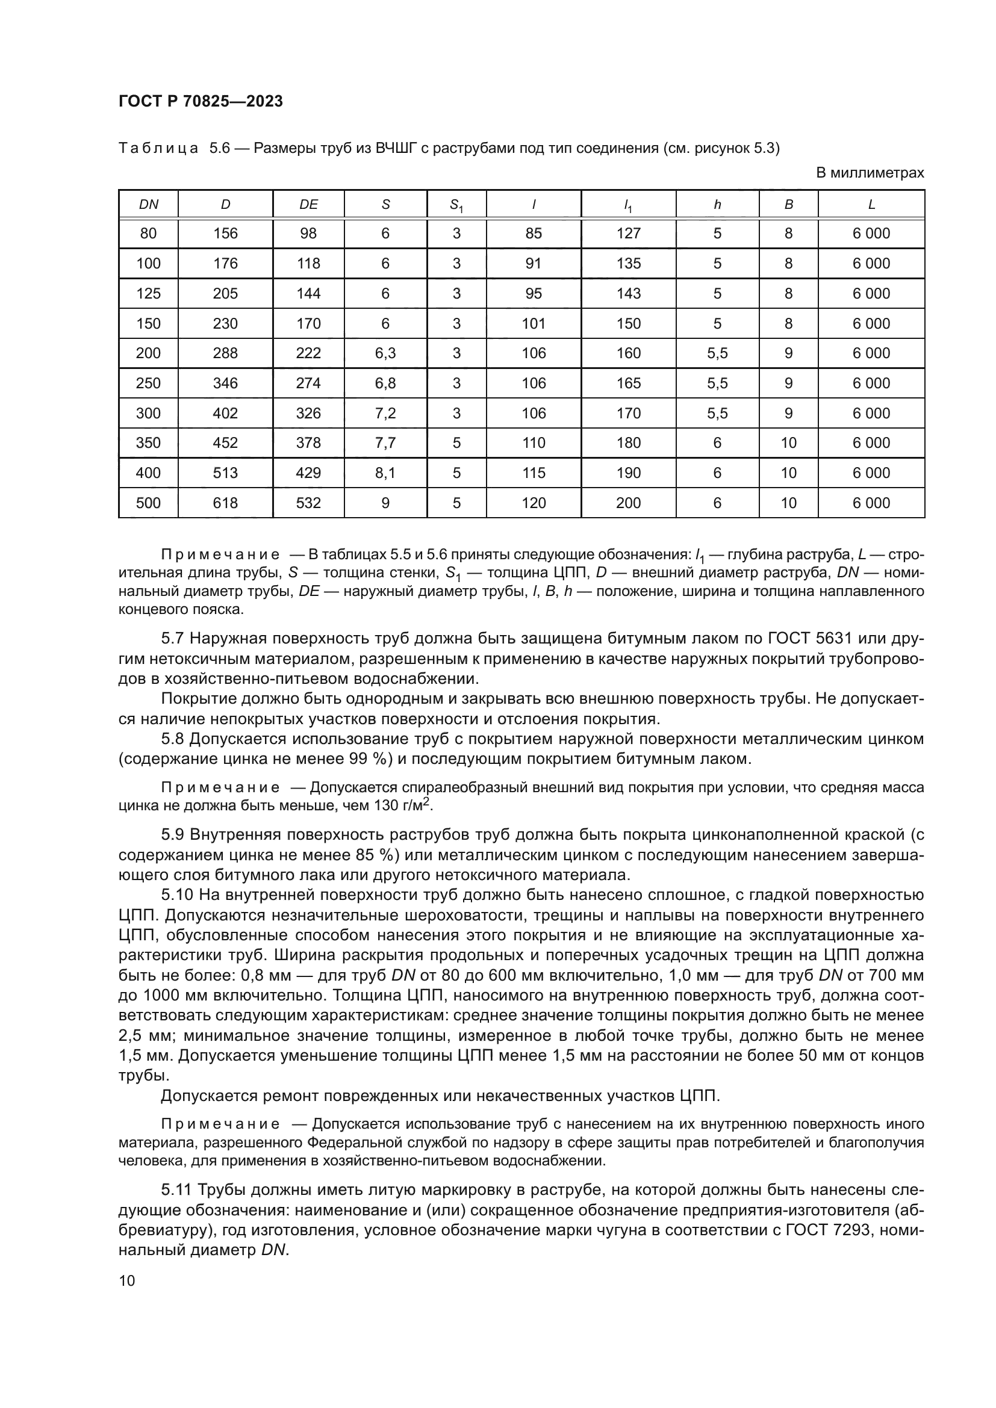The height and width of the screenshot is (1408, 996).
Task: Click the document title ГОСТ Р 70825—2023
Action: [201, 101]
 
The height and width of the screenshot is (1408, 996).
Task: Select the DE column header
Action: [308, 205]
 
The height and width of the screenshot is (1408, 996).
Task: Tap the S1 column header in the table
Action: [456, 206]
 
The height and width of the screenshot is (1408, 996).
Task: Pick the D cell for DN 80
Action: [225, 234]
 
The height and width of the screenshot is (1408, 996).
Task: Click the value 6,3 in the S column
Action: [385, 353]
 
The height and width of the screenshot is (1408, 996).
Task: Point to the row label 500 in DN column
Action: [148, 503]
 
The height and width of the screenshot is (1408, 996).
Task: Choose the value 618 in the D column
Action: [225, 503]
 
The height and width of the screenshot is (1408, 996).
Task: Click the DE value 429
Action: [308, 473]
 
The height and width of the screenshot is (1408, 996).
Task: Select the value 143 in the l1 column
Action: [629, 294]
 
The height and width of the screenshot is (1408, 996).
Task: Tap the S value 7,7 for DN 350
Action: [385, 443]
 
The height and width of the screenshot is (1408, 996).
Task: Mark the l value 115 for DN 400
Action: [534, 473]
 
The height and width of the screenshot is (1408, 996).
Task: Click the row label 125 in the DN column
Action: [148, 294]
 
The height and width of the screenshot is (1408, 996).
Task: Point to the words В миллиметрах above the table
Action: [870, 173]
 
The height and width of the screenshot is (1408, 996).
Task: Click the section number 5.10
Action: [177, 895]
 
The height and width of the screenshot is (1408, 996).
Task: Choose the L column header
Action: [871, 205]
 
